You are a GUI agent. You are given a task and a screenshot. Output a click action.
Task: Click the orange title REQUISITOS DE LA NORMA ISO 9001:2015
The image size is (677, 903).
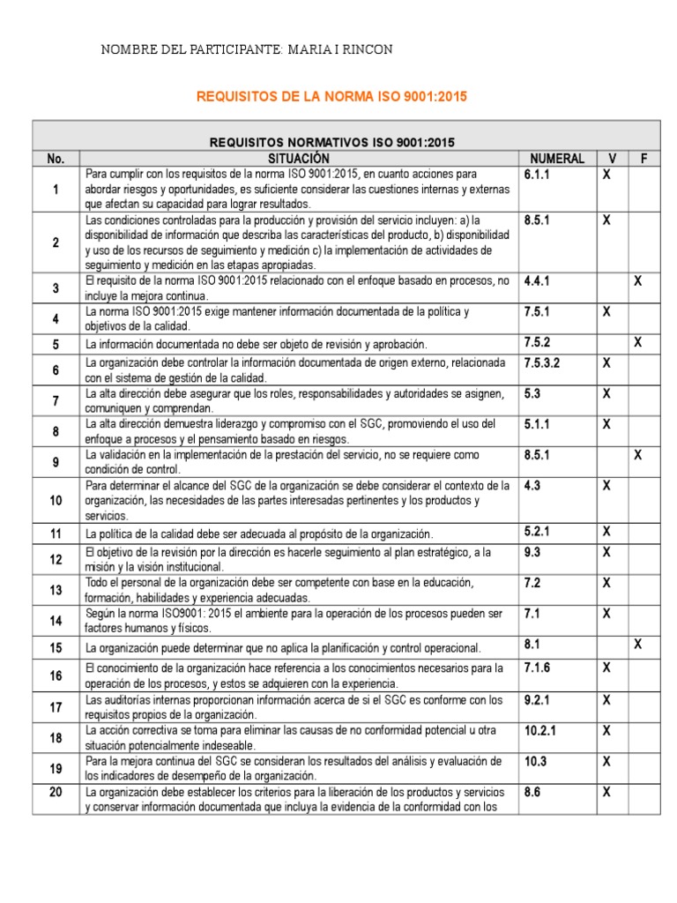click(x=331, y=96)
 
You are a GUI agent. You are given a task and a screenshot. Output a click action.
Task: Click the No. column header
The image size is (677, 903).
click(x=56, y=159)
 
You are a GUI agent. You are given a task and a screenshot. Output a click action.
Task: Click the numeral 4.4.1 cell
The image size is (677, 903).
click(x=538, y=281)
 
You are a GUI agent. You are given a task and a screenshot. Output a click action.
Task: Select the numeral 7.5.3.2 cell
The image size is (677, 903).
click(x=542, y=362)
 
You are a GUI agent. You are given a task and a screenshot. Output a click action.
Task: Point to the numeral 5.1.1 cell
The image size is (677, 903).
click(x=538, y=424)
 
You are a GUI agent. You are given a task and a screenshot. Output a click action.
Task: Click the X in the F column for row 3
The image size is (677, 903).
click(x=638, y=281)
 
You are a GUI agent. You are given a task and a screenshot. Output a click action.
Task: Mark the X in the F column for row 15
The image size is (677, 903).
click(x=638, y=645)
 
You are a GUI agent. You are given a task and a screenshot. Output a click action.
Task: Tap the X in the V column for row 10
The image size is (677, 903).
click(x=606, y=485)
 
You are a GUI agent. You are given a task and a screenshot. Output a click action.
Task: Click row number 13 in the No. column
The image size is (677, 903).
click(x=56, y=590)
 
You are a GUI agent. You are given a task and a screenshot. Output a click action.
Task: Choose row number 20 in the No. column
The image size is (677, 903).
click(x=56, y=793)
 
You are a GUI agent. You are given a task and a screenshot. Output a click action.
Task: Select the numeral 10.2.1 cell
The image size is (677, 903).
click(x=539, y=730)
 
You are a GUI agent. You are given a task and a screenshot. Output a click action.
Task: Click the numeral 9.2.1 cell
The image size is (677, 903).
click(x=538, y=699)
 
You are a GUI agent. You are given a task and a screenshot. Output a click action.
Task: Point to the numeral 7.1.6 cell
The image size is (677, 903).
click(x=538, y=668)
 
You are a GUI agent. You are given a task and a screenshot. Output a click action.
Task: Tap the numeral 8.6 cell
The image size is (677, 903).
click(x=532, y=793)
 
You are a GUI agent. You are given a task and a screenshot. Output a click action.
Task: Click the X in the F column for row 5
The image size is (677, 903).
click(x=638, y=342)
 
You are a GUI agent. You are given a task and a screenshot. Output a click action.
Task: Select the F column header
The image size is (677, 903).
click(x=644, y=159)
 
